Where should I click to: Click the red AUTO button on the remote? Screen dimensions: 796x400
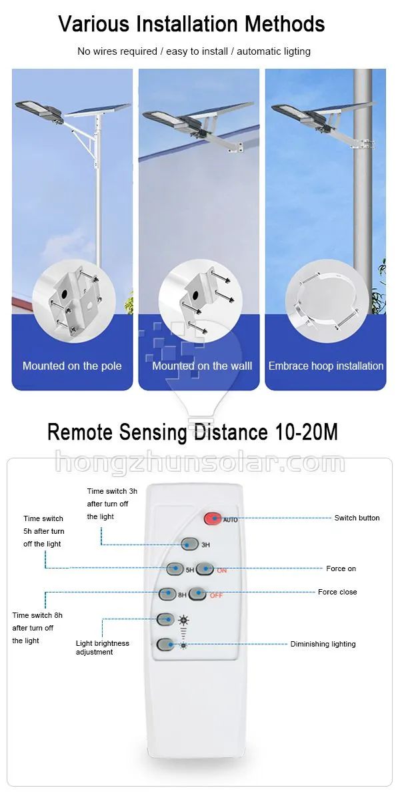(x=212, y=518)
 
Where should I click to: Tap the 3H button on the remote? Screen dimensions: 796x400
(x=189, y=544)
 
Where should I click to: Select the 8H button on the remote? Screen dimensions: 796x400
(x=167, y=593)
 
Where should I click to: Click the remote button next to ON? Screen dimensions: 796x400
(x=204, y=569)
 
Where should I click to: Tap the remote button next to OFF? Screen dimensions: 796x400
(x=196, y=593)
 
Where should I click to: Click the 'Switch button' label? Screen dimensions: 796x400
(x=357, y=518)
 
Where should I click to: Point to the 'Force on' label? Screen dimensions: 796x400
(x=341, y=568)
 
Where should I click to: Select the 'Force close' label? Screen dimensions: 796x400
(x=337, y=592)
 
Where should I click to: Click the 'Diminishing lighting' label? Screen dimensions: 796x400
(x=323, y=644)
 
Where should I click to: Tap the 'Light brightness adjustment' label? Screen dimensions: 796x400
(x=102, y=648)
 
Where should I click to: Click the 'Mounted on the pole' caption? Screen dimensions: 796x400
(x=72, y=366)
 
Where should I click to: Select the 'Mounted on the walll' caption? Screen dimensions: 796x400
(x=201, y=366)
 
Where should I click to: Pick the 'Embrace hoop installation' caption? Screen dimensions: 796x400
(x=325, y=366)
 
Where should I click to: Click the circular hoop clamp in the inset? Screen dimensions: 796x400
(x=325, y=300)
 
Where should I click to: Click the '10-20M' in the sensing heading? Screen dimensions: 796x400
(x=307, y=432)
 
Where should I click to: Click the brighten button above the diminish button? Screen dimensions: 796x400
(x=165, y=619)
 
